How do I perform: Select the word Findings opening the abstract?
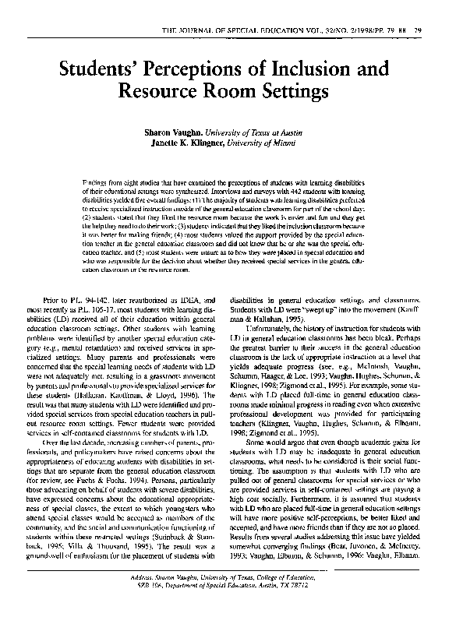[96, 180]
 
